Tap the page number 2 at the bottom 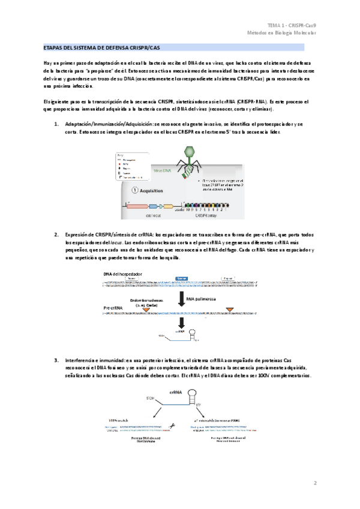coord(315,483)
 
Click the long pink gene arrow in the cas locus coord(137,205)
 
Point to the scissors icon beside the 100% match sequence coord(172,426)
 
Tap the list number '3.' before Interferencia coord(56,360)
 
